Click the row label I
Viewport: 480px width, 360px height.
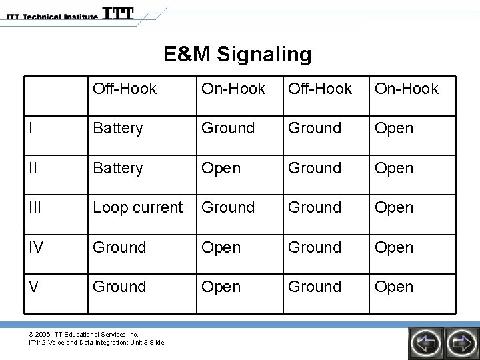point(33,128)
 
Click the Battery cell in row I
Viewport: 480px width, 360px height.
point(117,128)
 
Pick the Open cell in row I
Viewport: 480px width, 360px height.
point(394,128)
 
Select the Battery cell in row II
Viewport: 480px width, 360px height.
point(117,168)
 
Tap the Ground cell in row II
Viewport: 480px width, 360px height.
point(314,168)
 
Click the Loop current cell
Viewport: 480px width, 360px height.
point(137,207)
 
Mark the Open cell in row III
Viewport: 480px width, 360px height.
point(394,207)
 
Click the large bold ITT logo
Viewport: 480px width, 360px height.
point(119,13)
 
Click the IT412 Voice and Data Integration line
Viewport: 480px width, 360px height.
point(96,343)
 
